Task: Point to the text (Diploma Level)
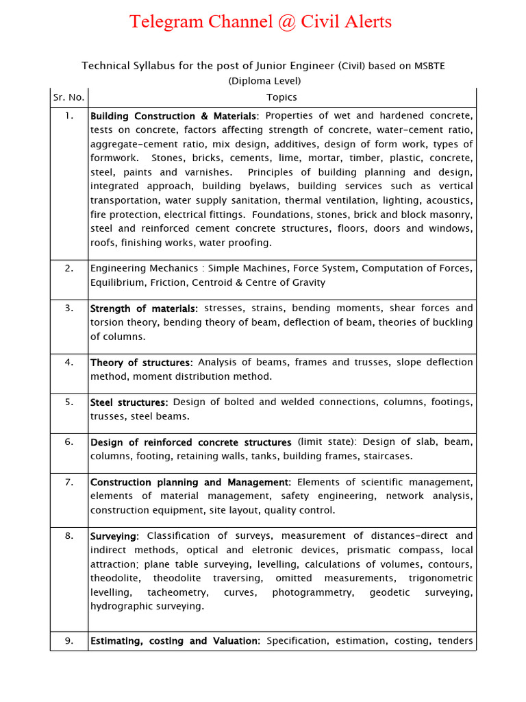point(264,81)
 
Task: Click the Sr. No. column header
point(68,97)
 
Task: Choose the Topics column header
point(281,97)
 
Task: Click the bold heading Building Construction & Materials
point(174,116)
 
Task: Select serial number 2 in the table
point(69,268)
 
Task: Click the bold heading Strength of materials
point(144,308)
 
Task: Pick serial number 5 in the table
point(69,402)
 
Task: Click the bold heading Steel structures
point(129,402)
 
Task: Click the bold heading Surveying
point(114,536)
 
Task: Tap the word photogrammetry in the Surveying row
point(313,592)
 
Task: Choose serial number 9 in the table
point(69,641)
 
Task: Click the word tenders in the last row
point(451,641)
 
